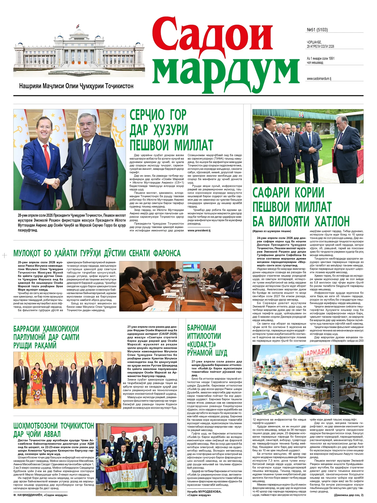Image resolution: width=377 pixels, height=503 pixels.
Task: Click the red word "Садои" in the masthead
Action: coord(212,35)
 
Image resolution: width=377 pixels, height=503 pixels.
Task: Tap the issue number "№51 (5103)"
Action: coord(317,30)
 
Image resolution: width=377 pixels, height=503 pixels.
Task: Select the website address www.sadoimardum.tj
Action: coord(319,78)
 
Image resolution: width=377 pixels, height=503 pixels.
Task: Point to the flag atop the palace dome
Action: coord(78,26)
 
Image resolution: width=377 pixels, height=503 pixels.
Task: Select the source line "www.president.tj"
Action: coord(199,230)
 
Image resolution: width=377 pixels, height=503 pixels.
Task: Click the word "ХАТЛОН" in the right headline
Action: coord(332,222)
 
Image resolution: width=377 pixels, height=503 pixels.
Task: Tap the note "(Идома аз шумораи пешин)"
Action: coord(271,231)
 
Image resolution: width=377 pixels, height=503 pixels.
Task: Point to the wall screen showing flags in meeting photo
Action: coord(191,267)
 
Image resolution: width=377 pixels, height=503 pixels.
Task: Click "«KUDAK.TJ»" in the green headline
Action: coord(201,344)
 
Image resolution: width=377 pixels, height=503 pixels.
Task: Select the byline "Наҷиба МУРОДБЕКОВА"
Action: coord(204,491)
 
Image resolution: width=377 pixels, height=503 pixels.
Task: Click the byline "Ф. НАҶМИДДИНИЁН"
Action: coord(40,495)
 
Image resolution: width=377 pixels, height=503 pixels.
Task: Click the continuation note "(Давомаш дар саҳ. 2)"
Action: coord(349,495)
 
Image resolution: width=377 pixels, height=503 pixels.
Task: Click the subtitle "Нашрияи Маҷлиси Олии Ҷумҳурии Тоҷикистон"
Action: coord(76,86)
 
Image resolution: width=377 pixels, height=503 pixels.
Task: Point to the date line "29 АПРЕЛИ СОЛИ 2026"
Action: coord(320,47)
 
